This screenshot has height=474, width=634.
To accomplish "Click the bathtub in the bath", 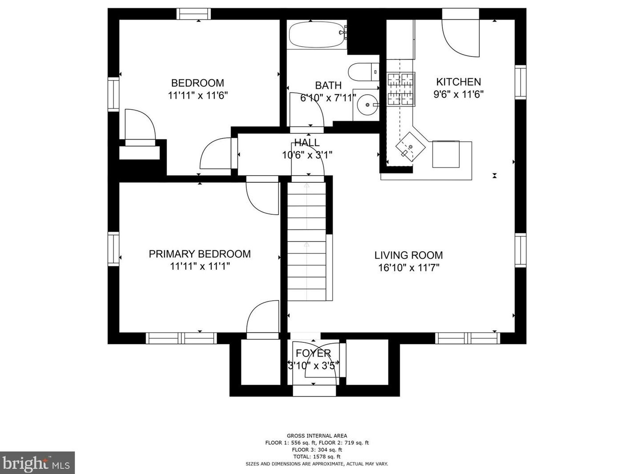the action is point(318,35).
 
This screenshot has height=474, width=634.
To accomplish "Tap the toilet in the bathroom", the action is point(363,72).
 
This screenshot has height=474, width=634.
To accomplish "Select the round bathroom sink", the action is point(368,105).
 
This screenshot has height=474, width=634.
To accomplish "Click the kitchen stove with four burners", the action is point(401,89).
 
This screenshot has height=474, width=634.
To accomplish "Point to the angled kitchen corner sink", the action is point(410,147).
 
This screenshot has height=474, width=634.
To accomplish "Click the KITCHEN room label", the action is point(458,82).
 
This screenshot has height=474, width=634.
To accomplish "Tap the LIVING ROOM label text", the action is point(409,255).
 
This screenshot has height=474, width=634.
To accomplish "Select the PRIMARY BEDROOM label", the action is point(200,254).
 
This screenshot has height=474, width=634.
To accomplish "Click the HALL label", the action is point(307,142).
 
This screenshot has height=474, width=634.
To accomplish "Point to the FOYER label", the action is point(313,353).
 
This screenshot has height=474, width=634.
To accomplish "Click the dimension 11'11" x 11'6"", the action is point(198,95).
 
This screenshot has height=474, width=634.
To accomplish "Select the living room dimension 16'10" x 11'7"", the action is point(409,268).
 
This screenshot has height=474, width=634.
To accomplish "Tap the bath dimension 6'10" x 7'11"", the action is point(328,98).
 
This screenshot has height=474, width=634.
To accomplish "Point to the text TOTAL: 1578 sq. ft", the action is point(317,457).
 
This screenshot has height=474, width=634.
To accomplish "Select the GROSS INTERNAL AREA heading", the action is point(317,436).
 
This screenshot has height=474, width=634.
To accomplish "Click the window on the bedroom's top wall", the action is point(193,14).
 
